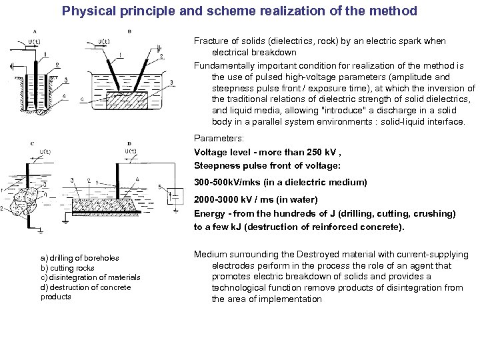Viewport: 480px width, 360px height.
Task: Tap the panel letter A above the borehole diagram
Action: tap(34, 31)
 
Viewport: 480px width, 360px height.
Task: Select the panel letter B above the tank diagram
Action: tap(129, 31)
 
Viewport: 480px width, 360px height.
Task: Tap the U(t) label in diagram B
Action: tap(104, 41)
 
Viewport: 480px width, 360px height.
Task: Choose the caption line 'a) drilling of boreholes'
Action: tap(79, 258)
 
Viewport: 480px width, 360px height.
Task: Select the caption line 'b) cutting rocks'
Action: tap(67, 268)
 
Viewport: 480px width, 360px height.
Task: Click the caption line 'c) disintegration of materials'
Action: tap(90, 277)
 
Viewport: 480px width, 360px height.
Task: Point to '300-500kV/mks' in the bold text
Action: tap(227, 182)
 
